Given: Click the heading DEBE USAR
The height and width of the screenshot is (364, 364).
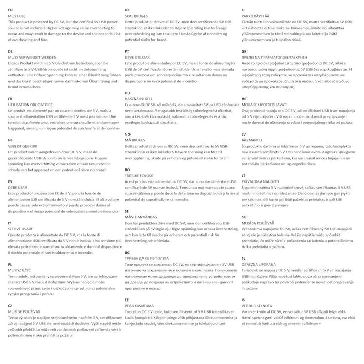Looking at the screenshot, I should click(x=18, y=187).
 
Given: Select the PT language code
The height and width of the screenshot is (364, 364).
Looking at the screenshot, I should click(x=127, y=51).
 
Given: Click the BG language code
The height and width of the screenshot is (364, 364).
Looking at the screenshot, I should click(x=127, y=252).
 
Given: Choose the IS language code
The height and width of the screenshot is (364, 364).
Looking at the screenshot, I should click(x=243, y=299).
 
